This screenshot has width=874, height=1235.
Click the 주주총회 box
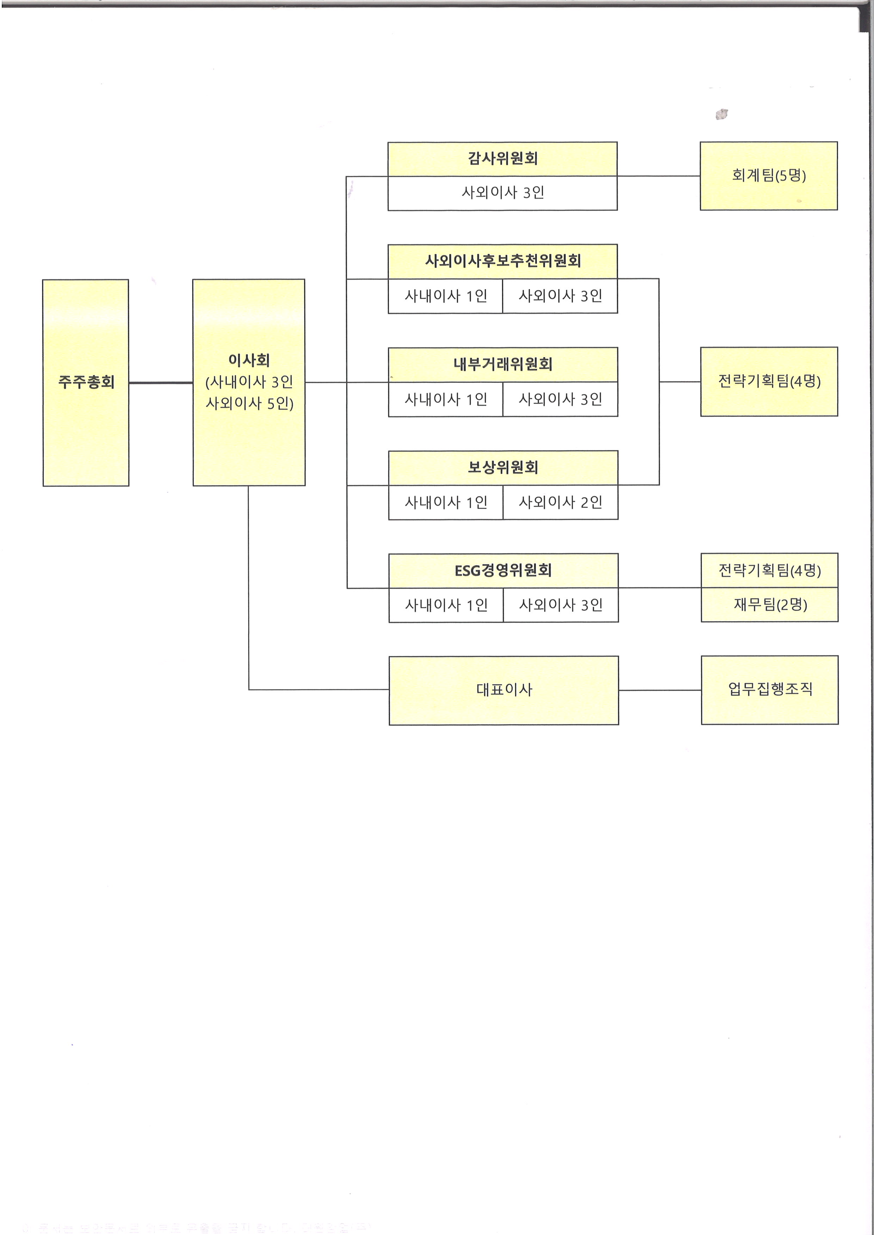pos(86,382)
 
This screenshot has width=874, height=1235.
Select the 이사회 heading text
pos(249,360)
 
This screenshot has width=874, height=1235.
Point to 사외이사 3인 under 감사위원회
pos(502,193)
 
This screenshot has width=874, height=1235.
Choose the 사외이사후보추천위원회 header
pos(502,261)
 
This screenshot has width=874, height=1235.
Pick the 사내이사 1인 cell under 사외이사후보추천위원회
pos(445,296)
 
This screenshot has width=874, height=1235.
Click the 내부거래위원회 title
pos(502,364)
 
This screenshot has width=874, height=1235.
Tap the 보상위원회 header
pos(502,467)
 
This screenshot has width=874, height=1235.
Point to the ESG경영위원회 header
pos(503,570)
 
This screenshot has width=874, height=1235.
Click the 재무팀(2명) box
pos(770,605)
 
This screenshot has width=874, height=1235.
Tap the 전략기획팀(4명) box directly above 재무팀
pos(770,570)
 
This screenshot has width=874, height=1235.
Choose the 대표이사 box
pos(503,690)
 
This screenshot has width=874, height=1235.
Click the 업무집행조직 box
pos(770,690)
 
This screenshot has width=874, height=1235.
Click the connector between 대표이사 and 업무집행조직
pos(659,690)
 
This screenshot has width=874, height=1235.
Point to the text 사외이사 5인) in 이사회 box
pos(249,404)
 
